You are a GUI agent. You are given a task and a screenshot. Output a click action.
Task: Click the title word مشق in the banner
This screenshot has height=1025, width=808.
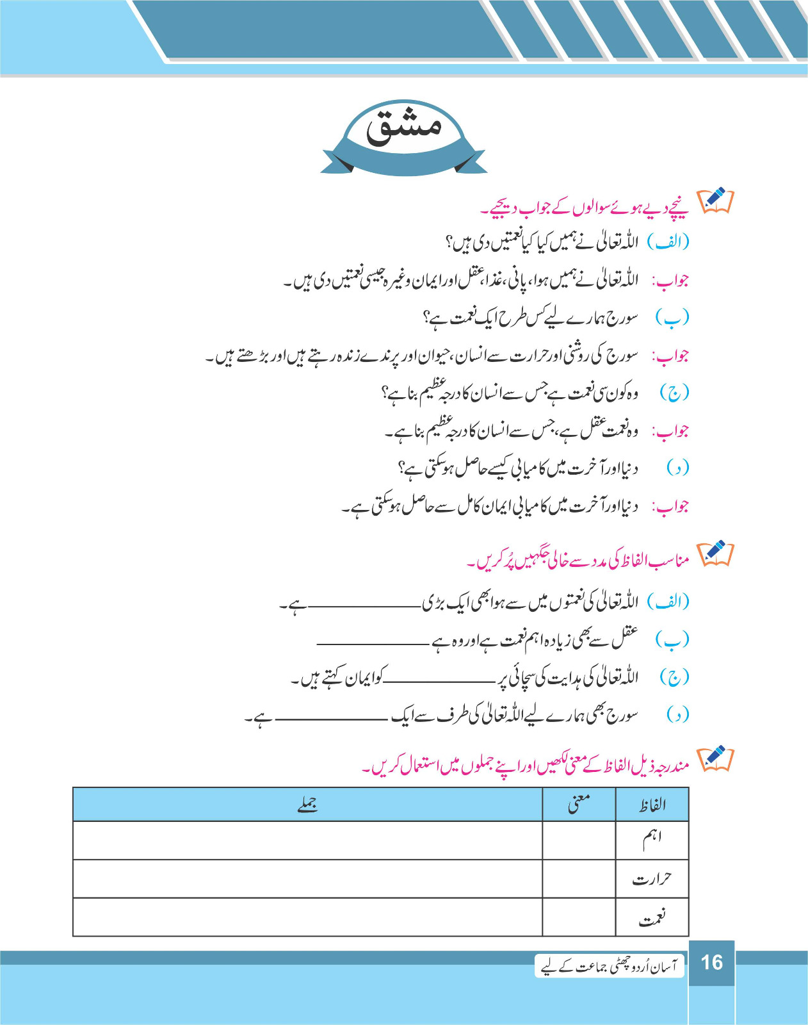[403, 126]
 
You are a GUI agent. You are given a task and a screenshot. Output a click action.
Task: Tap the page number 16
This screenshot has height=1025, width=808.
[711, 962]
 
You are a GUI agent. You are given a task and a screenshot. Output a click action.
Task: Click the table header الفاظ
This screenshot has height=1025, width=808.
[652, 805]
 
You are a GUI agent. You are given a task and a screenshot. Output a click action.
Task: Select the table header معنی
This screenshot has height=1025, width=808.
[579, 803]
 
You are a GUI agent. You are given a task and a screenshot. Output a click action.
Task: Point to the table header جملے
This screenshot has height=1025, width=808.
[308, 805]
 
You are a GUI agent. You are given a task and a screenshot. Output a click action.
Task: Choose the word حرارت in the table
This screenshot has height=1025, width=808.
[652, 878]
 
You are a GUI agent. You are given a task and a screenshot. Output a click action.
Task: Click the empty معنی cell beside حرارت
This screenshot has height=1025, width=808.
[579, 878]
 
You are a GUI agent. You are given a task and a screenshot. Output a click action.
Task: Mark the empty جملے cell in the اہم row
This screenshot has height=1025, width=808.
[308, 840]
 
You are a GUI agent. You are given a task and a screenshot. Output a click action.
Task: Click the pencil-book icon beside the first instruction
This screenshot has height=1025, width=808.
[715, 201]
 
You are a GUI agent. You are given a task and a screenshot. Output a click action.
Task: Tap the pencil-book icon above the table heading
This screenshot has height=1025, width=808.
[715, 758]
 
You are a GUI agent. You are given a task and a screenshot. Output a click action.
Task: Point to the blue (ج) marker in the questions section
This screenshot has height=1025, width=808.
[674, 393]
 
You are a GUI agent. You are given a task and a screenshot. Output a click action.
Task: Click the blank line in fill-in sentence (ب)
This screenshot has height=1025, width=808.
[373, 642]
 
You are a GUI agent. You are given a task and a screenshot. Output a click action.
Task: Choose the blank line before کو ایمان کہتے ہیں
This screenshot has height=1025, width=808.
[442, 680]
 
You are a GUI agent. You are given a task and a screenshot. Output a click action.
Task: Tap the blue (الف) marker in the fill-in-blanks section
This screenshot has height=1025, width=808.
[668, 602]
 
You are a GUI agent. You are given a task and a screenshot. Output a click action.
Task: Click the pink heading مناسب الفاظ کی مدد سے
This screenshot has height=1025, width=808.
[579, 561]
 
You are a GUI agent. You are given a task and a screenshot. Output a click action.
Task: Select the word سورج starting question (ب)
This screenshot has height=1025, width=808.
[620, 318]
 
